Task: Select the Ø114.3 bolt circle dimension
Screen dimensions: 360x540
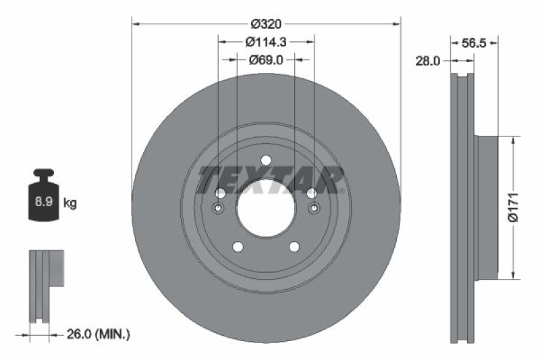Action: (266, 42)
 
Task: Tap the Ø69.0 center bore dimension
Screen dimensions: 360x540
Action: (266, 59)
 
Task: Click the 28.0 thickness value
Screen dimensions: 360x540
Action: (427, 60)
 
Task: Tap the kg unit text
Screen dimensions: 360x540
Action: (70, 202)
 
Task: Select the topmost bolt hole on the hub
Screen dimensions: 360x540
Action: (266, 160)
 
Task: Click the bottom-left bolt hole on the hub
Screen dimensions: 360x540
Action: (237, 247)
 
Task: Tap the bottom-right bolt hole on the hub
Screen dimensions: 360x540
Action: (295, 247)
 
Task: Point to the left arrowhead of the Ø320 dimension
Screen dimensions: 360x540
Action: (136, 24)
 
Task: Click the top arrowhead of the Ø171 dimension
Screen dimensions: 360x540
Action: (514, 141)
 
